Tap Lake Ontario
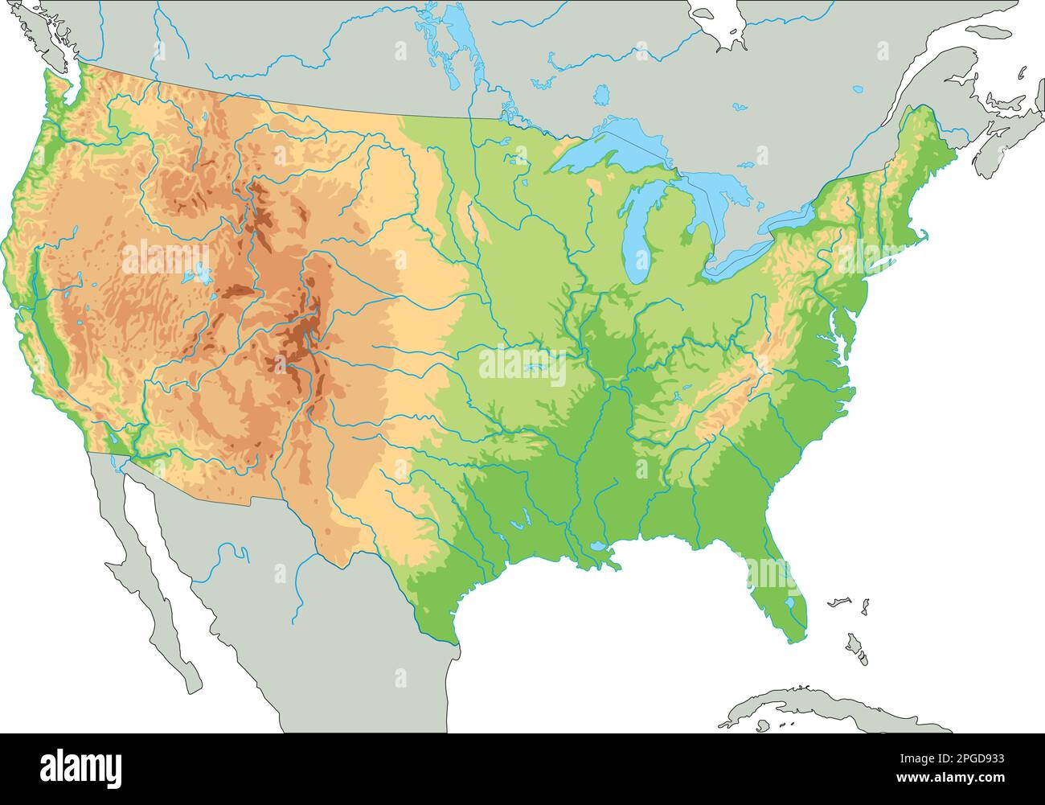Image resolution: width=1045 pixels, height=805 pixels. point(792,217)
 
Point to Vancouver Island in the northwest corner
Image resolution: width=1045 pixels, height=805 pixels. point(32,32)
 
